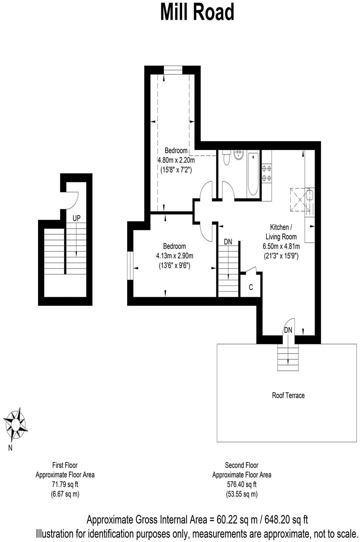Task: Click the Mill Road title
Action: [197, 12]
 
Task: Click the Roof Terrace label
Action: [288, 396]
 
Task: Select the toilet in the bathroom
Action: [225, 158]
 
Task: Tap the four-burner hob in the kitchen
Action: [267, 173]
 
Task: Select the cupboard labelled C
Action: [251, 287]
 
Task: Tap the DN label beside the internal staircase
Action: [228, 242]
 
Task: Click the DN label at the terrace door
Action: [288, 330]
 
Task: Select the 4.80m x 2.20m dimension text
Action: [176, 160]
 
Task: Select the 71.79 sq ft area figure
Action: [65, 484]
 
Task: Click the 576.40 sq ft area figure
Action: [242, 484]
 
